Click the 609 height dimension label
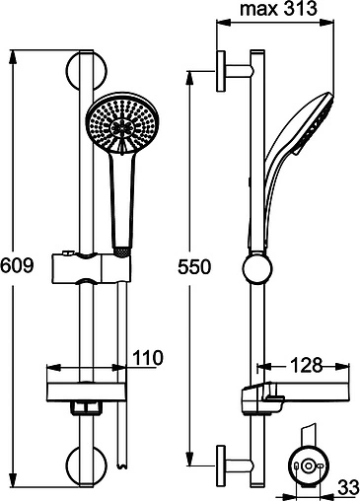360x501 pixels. (x=19, y=266)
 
